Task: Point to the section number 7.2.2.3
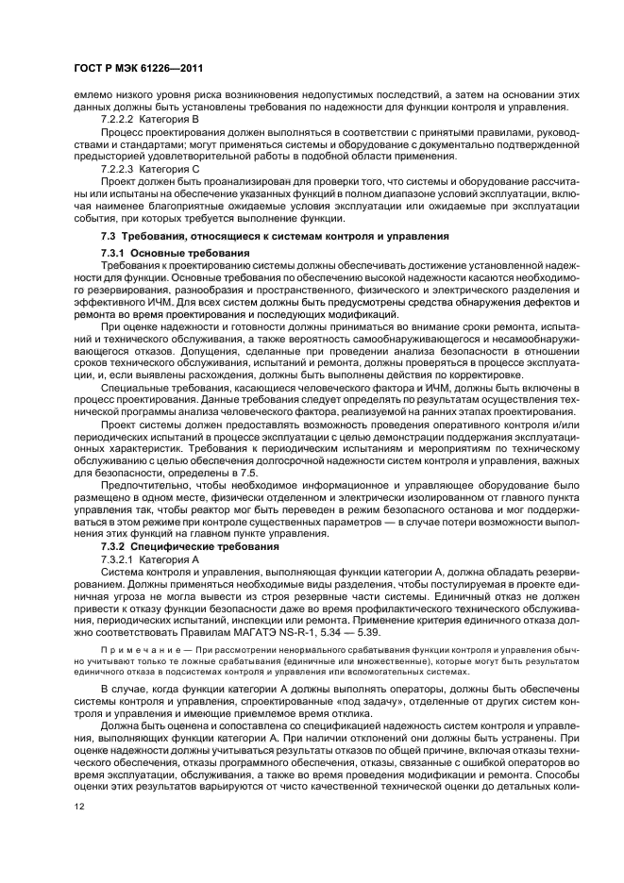(x=118, y=167)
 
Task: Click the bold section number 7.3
(x=110, y=234)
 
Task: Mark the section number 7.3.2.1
(x=118, y=558)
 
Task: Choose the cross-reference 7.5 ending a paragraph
(x=247, y=470)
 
